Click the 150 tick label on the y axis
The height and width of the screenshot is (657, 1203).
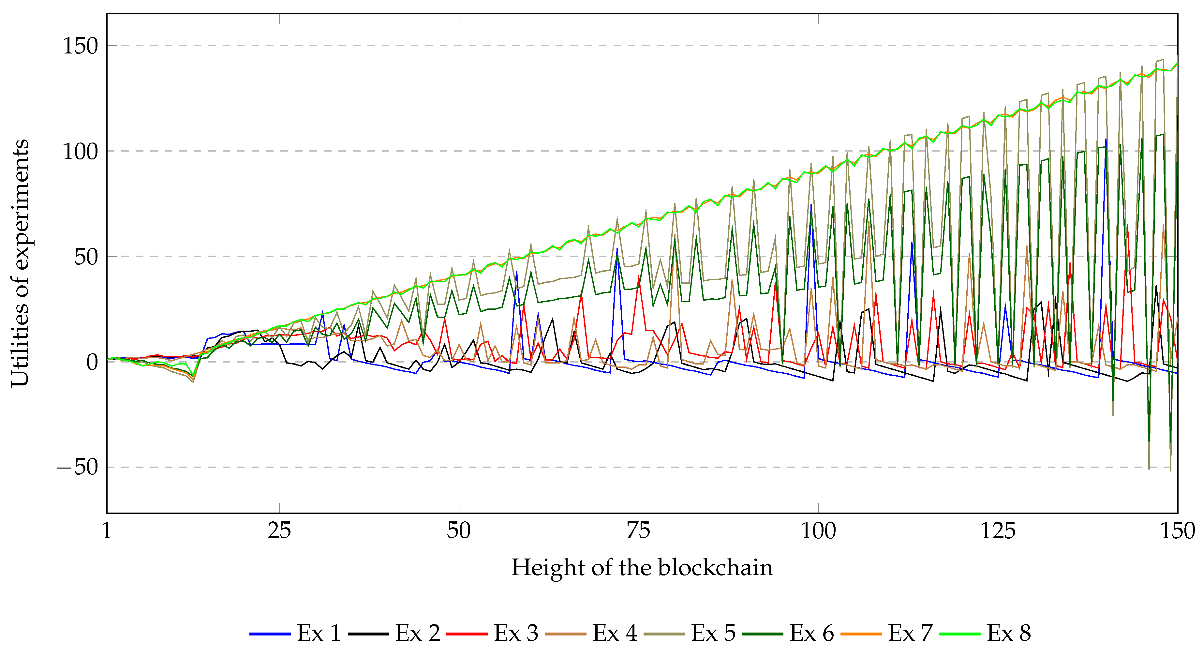click(x=80, y=46)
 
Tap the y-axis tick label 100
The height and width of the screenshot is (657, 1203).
click(x=80, y=151)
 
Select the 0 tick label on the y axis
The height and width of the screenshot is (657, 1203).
click(x=93, y=362)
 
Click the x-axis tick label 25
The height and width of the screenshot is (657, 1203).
click(x=279, y=531)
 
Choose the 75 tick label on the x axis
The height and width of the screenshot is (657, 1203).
click(x=638, y=531)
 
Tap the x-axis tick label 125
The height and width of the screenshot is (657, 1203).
click(x=998, y=531)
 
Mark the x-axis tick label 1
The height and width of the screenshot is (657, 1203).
click(x=107, y=531)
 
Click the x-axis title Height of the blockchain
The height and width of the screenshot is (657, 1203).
click(x=642, y=568)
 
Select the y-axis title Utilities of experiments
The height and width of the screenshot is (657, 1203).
click(x=20, y=263)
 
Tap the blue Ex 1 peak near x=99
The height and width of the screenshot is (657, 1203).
click(x=811, y=204)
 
